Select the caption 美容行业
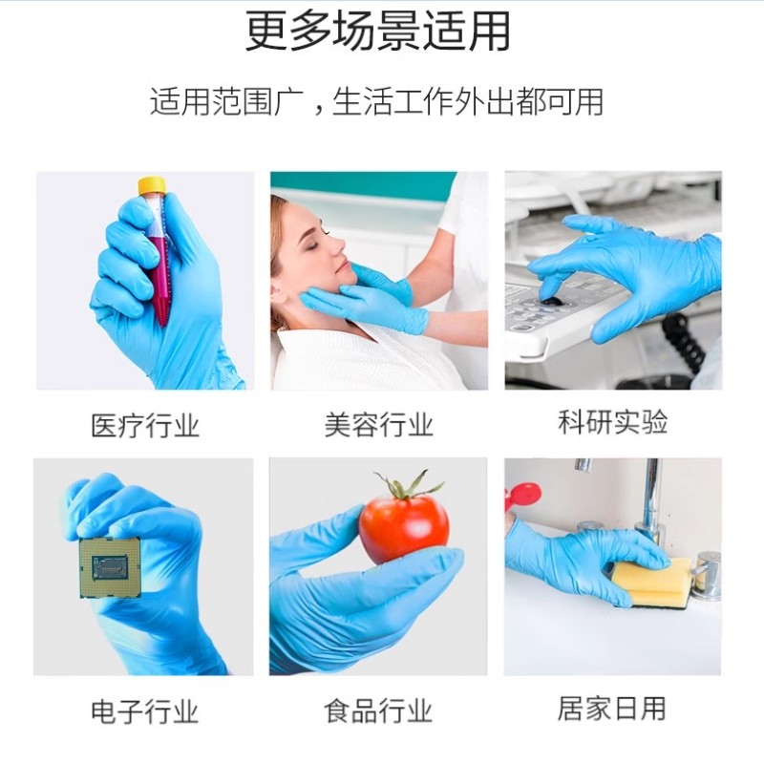(x=379, y=425)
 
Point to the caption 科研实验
(x=613, y=422)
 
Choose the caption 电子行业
(x=144, y=711)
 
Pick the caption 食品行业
(x=379, y=711)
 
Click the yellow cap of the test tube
(x=151, y=185)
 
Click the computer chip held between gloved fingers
(x=110, y=567)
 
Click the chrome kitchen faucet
(x=650, y=501)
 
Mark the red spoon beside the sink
(x=523, y=495)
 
